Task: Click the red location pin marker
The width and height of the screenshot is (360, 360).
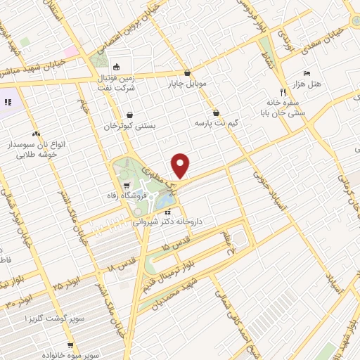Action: [181, 166]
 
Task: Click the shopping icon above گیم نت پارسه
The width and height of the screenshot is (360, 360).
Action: [216, 112]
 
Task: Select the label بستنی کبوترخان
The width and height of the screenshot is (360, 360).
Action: [129, 127]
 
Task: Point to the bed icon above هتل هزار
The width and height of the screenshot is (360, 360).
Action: [306, 73]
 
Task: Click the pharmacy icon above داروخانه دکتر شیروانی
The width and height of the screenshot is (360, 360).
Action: [167, 210]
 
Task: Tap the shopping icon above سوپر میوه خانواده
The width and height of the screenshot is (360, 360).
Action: [70, 345]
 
